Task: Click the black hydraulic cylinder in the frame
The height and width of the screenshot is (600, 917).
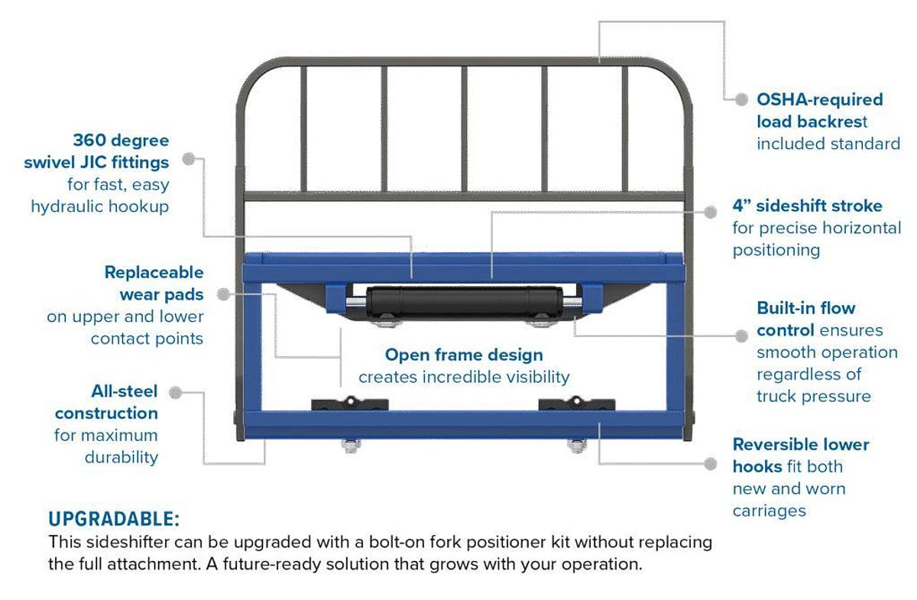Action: tap(463, 300)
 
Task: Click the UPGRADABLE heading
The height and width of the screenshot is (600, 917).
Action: tap(114, 520)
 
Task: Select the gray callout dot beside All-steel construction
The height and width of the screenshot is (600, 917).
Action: tap(175, 392)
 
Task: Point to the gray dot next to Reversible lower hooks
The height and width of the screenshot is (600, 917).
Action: tap(711, 463)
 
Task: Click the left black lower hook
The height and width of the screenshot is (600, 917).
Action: tap(350, 404)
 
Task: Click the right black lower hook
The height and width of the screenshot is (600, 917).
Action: tap(575, 404)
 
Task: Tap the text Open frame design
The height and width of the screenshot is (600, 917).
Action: tap(464, 355)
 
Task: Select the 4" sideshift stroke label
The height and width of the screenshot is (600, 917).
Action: tap(807, 206)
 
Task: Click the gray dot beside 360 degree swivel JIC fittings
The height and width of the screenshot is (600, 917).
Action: tap(188, 160)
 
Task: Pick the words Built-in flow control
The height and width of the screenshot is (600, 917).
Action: tap(806, 319)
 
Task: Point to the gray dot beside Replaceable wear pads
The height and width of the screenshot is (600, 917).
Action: tap(222, 294)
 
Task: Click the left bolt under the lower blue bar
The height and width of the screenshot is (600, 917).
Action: tap(349, 446)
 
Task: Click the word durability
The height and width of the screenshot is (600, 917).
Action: tap(122, 458)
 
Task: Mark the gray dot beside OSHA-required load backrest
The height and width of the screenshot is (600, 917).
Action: tap(740, 99)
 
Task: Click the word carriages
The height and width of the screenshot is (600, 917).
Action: tap(769, 510)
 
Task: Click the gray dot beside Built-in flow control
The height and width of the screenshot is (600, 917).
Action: tap(740, 336)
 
